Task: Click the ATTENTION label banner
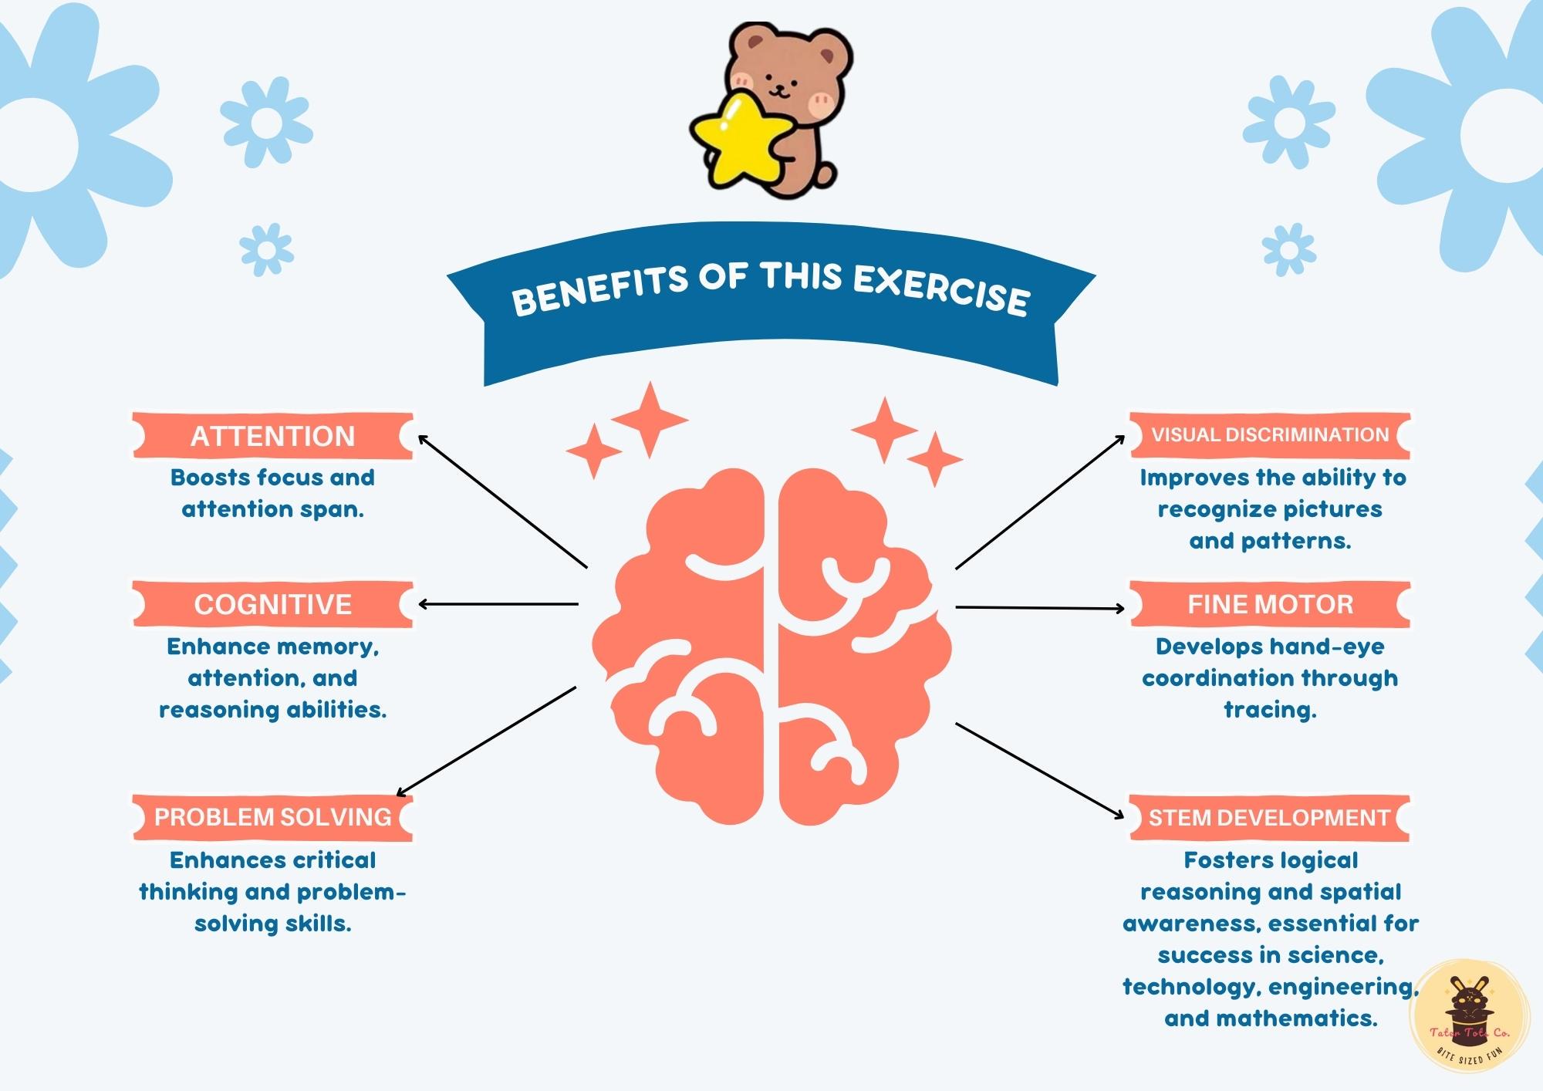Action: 272,436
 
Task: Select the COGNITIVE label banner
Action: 272,604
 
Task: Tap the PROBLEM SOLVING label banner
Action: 272,817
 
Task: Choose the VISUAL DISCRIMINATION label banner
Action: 1270,435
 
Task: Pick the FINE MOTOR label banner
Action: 1270,604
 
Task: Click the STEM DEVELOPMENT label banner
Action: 1269,817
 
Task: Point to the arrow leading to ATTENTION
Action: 501,501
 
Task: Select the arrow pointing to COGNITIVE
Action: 498,604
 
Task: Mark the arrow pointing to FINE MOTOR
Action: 1040,608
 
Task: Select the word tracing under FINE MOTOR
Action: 1270,710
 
